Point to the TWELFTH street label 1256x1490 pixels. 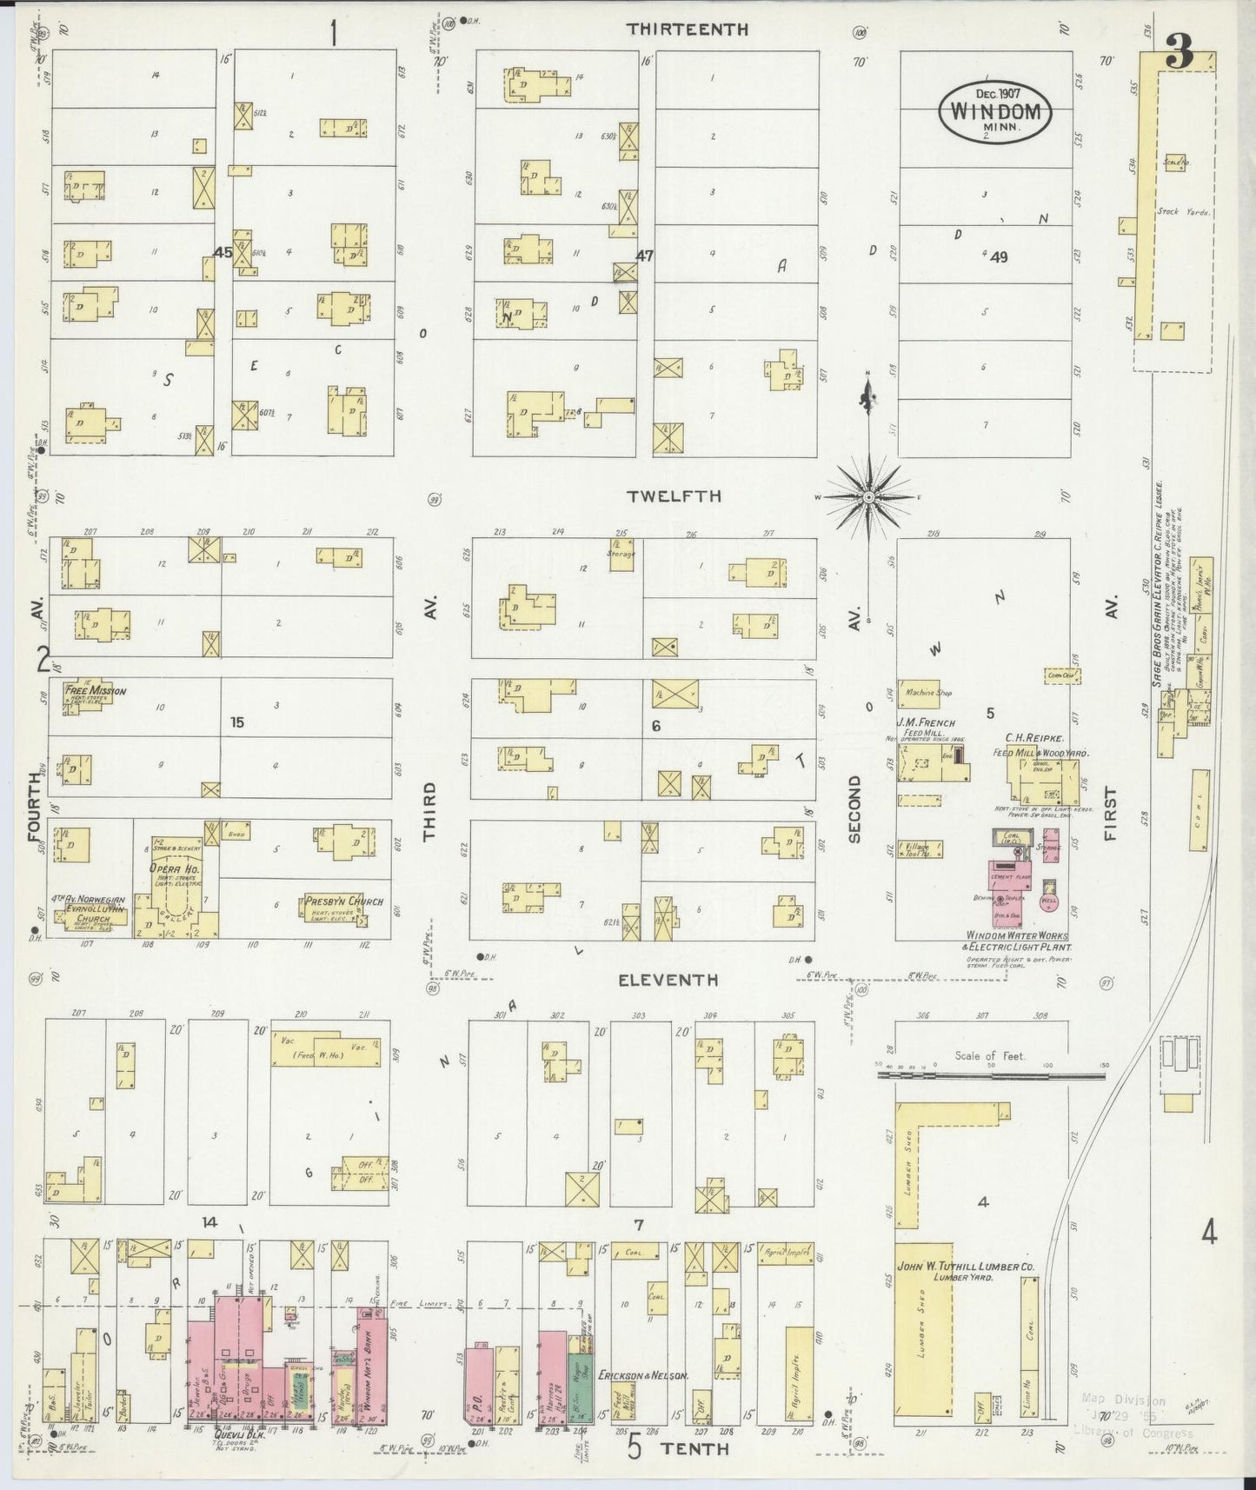tap(675, 496)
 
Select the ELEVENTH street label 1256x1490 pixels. tap(668, 980)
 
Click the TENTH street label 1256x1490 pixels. tap(694, 1447)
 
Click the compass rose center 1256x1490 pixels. tap(867, 496)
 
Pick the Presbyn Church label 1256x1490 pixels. tap(344, 901)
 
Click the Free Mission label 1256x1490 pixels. tap(96, 691)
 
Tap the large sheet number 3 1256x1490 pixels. tap(1179, 56)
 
